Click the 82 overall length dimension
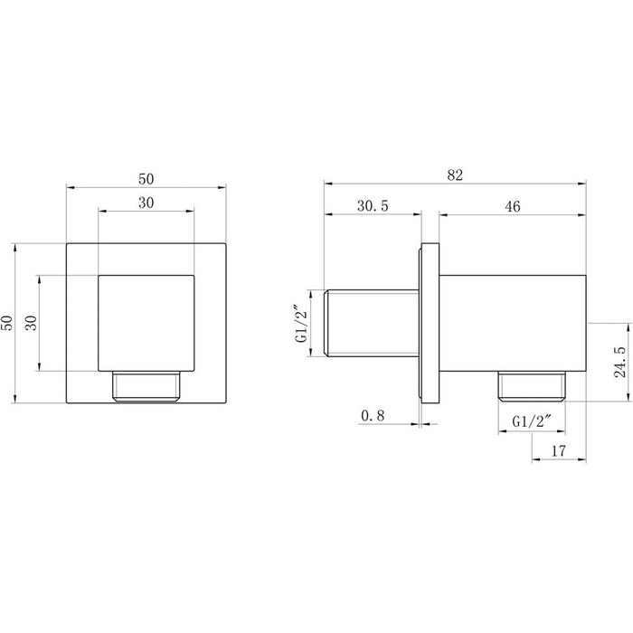455,175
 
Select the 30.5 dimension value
373,206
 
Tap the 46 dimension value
513,206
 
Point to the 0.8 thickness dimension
373,415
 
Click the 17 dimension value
559,451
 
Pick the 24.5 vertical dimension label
620,362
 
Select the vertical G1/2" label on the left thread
302,323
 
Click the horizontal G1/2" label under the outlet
532,421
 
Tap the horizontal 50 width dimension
146,179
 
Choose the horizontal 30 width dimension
146,203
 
